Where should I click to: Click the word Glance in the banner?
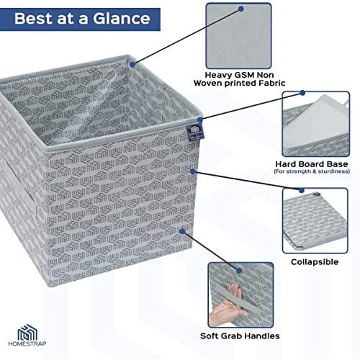pos(122,19)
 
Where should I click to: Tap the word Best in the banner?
pos(34,19)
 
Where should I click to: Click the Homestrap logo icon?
pos(27,332)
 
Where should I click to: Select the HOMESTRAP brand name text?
pos(27,343)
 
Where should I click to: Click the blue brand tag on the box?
pos(195,132)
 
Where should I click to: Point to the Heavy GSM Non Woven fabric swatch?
pos(238,36)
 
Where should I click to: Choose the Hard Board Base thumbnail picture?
pos(316,124)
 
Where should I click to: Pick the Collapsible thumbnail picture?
pos(315,221)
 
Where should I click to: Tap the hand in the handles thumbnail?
pos(228,305)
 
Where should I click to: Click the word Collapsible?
pos(315,262)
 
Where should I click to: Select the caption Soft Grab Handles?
pos(240,336)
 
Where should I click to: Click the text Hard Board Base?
pos(312,164)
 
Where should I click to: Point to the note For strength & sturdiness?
pos(312,171)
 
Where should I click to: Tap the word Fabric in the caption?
pos(271,83)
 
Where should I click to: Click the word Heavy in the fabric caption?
pos(218,75)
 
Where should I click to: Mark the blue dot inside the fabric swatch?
pos(241,9)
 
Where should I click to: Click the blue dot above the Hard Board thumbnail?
pos(302,93)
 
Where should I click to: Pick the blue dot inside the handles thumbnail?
pos(239,271)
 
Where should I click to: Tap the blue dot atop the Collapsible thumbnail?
pos(302,190)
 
